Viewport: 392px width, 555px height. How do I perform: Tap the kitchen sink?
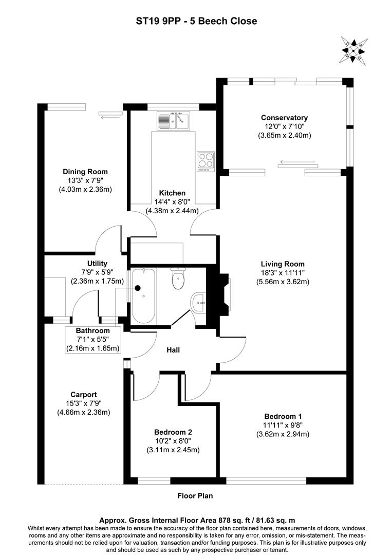click(173, 121)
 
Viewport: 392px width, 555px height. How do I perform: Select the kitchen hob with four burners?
click(206, 160)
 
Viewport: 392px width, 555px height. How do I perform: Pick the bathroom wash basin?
click(198, 303)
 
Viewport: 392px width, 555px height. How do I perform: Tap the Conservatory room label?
click(284, 118)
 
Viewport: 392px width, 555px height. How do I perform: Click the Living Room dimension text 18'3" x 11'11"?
click(284, 272)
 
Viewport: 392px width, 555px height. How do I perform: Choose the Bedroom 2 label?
click(173, 432)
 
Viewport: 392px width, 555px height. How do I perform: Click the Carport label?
click(84, 395)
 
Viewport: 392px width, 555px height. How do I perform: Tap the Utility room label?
click(97, 263)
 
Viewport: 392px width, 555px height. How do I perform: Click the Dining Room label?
click(85, 172)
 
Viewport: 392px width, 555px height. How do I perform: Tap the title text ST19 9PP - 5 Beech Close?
click(196, 21)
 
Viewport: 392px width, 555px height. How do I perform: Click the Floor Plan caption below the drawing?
click(195, 496)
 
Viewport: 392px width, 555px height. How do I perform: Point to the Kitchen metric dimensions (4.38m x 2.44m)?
click(172, 210)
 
